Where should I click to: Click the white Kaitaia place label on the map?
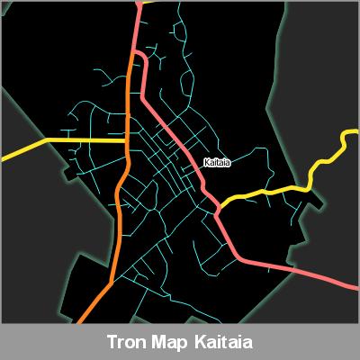point(219,162)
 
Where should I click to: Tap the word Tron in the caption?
point(125,343)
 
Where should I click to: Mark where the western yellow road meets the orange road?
point(125,141)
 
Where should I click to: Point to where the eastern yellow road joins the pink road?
point(219,204)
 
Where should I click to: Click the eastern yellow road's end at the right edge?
point(355,134)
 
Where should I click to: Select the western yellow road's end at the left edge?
point(3,158)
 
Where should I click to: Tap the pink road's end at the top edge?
point(138,3)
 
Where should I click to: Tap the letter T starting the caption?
point(111,343)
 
